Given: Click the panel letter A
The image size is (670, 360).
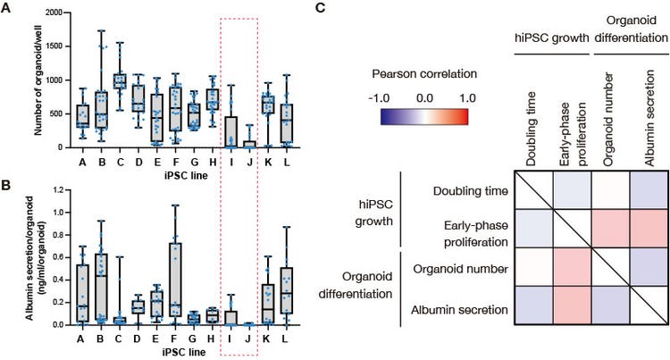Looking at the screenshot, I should (x=6, y=9).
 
